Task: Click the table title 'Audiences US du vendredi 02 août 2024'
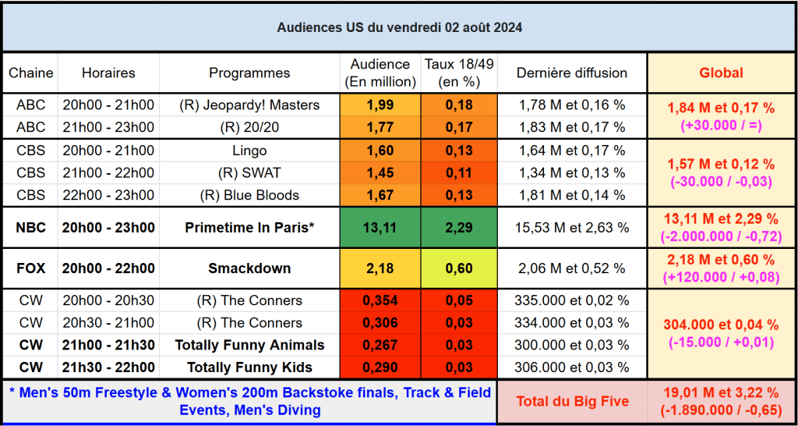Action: click(x=399, y=27)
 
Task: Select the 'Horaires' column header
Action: click(x=108, y=73)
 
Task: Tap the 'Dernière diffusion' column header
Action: click(x=572, y=73)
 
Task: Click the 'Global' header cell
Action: click(x=721, y=73)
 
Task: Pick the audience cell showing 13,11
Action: click(x=380, y=228)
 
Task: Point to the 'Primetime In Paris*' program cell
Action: click(x=249, y=228)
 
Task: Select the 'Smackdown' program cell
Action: click(x=249, y=268)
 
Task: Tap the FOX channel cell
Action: click(x=31, y=268)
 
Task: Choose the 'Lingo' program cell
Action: click(x=249, y=150)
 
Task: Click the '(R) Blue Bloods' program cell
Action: click(x=249, y=195)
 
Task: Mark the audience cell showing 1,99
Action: click(x=380, y=105)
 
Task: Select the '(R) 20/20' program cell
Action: click(x=249, y=126)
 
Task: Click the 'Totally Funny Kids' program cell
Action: click(x=249, y=367)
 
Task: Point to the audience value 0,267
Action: click(x=380, y=345)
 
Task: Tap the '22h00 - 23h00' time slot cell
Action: click(x=108, y=195)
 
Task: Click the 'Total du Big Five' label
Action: click(x=572, y=401)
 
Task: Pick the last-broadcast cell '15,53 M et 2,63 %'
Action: click(x=572, y=228)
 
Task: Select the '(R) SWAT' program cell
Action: click(x=249, y=172)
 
